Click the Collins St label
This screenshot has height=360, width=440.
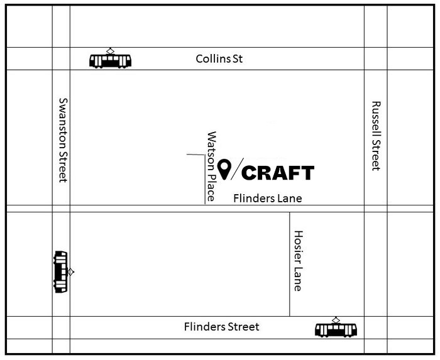[x=219, y=59]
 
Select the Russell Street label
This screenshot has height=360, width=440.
[x=376, y=136]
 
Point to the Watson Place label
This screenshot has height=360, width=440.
[x=212, y=166]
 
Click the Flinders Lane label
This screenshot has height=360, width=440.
[x=267, y=199]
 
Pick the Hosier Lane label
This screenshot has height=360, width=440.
[x=298, y=260]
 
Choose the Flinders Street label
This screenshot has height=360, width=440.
[x=221, y=327]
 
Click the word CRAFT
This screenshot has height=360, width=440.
[x=277, y=173]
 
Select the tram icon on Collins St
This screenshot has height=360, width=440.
[x=111, y=59]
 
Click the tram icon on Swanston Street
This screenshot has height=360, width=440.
[x=61, y=271]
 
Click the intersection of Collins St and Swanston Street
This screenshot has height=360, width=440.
[x=61, y=58]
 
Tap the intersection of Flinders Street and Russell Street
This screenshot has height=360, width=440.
[x=375, y=327]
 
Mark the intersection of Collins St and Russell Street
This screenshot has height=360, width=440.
[x=375, y=58]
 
